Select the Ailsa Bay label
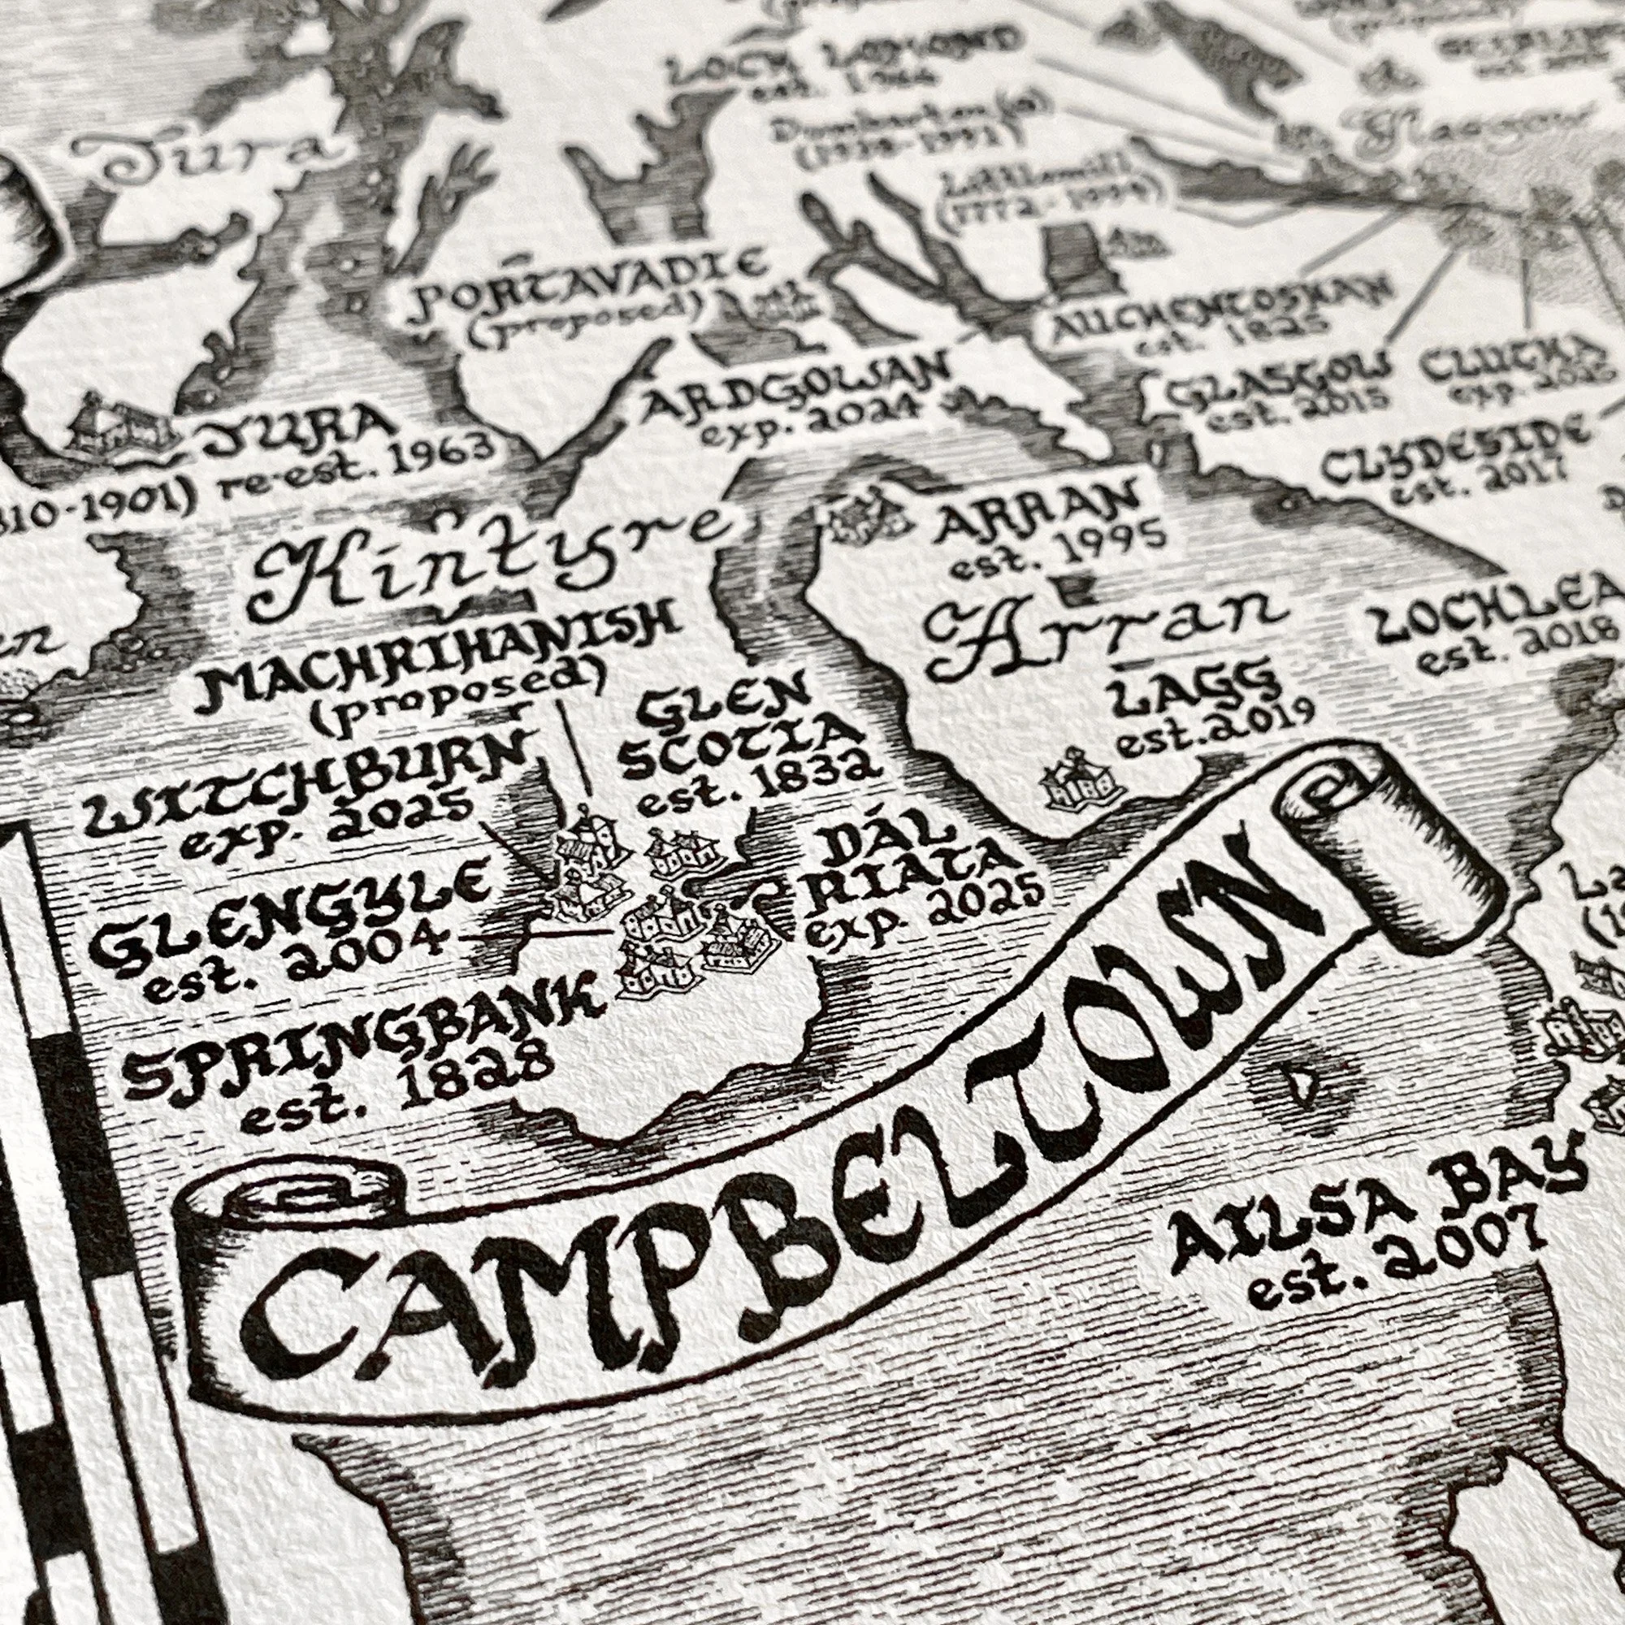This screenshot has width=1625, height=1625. [x=1380, y=1194]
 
